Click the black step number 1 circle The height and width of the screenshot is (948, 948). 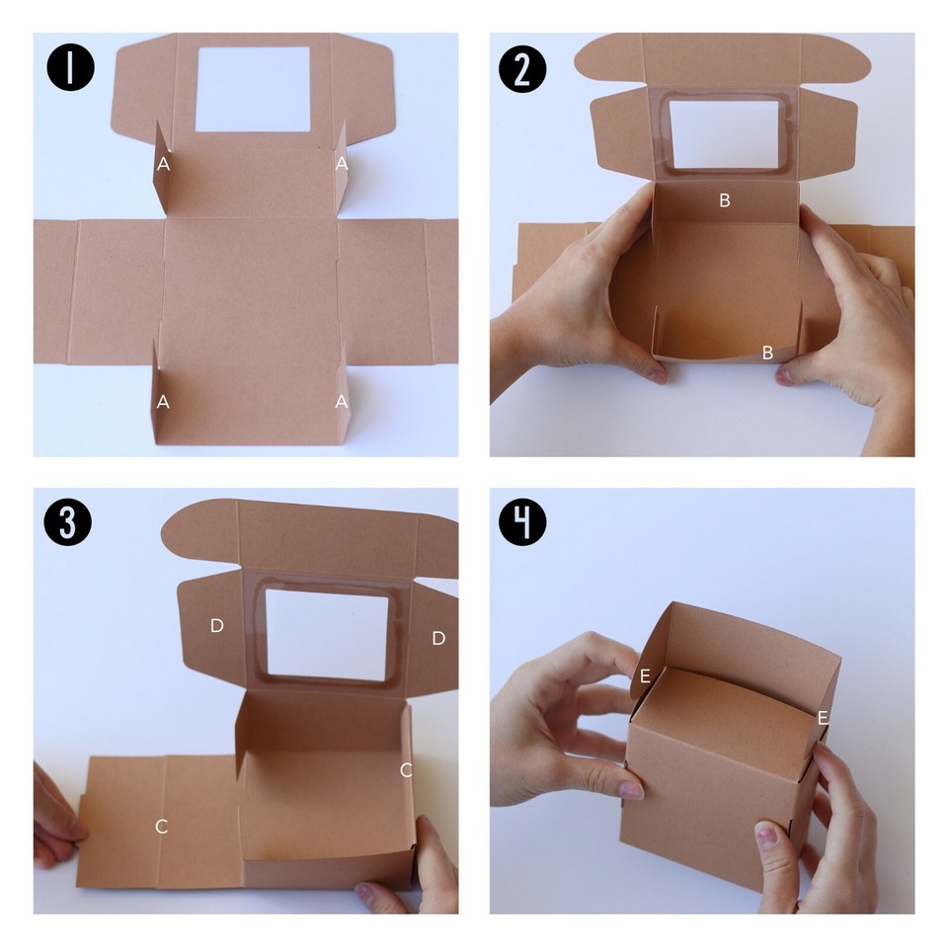[x=71, y=66]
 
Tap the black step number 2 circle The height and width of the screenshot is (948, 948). [x=522, y=68]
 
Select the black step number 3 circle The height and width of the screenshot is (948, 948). [x=68, y=521]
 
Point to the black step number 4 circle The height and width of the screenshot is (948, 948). [x=522, y=521]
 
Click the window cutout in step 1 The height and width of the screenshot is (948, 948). [x=253, y=90]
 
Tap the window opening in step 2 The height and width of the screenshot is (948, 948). [x=724, y=134]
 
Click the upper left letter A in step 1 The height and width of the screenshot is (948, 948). [x=163, y=164]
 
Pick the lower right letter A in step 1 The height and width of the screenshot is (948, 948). [x=342, y=402]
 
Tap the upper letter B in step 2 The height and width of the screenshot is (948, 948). [x=724, y=200]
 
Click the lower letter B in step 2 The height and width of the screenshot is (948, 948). [x=768, y=353]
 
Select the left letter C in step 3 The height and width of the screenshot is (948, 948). [x=161, y=827]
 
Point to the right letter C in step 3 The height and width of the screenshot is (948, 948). [x=406, y=770]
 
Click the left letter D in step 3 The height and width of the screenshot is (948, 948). [x=216, y=626]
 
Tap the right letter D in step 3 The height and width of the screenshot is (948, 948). [x=438, y=638]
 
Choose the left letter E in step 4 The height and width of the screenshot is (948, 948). [x=645, y=675]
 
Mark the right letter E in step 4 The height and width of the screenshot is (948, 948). [x=823, y=718]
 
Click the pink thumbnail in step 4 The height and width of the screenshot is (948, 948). [x=767, y=836]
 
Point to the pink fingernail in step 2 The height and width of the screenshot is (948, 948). [x=784, y=376]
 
